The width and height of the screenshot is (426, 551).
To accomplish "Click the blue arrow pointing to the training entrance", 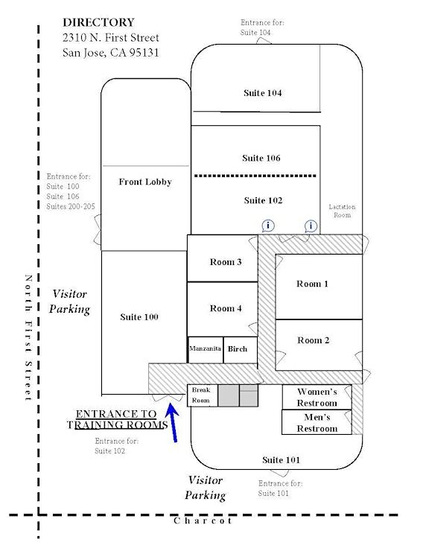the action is click(173, 423).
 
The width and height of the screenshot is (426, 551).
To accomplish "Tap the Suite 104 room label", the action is click(263, 93).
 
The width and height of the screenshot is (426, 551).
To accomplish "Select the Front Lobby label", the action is click(145, 182).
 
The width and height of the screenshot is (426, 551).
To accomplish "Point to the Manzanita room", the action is click(206, 350).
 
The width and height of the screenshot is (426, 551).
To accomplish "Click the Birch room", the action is click(241, 350).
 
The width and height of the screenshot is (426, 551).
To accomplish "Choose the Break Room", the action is click(203, 395).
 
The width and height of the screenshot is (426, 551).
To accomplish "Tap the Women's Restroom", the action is click(317, 397).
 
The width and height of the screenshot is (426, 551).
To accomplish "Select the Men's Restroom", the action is click(317, 422).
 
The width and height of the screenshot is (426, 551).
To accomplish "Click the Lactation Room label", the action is click(342, 211).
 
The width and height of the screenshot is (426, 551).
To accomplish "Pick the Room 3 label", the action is click(226, 262).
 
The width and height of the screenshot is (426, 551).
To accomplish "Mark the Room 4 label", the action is click(226, 308).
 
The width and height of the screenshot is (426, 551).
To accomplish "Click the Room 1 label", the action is click(312, 284).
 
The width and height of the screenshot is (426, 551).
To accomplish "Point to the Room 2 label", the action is click(314, 340).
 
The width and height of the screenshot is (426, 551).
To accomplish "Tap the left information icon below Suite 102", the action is click(268, 226).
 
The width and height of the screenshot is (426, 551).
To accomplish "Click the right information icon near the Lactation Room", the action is click(311, 226).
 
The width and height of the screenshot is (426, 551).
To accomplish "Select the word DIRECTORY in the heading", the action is click(98, 22).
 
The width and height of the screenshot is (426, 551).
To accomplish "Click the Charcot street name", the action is click(203, 520).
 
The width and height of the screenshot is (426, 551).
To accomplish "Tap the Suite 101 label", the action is click(282, 460).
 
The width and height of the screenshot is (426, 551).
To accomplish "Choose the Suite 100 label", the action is click(139, 317).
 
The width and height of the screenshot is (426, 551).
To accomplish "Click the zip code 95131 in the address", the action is click(144, 53).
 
